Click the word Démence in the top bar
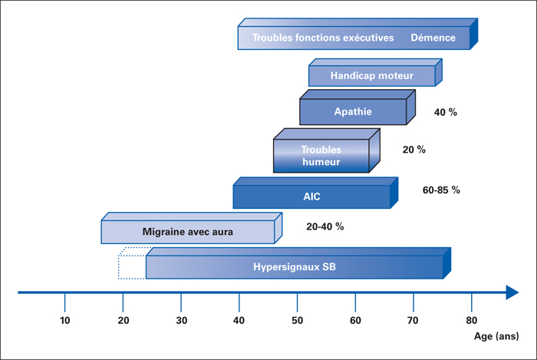click(433, 38)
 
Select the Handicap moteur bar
click(375, 72)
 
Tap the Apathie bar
click(357, 107)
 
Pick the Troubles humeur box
click(326, 150)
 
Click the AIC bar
click(315, 193)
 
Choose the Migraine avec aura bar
click(192, 228)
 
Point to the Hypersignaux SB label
click(295, 267)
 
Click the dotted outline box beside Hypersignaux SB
click(132, 263)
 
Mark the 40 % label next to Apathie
click(446, 112)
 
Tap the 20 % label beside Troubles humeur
click(414, 150)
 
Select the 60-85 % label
click(441, 190)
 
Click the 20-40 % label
click(325, 226)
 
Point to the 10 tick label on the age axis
click(64, 321)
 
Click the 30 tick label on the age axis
click(182, 321)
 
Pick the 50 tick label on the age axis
click(298, 321)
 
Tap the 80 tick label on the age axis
click(472, 321)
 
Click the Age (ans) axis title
click(496, 336)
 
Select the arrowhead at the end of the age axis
click(512, 292)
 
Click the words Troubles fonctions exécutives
click(323, 38)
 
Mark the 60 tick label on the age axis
click(355, 321)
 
